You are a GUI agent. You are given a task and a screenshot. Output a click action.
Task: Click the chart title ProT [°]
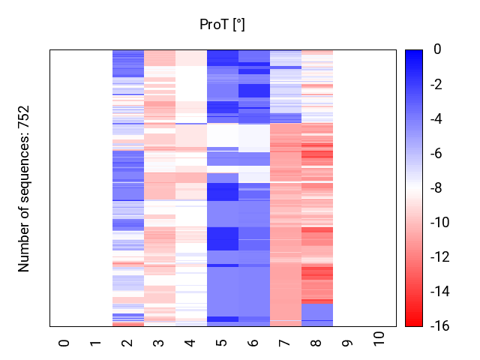[x=222, y=25]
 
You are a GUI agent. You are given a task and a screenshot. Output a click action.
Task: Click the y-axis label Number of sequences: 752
[x=24, y=188]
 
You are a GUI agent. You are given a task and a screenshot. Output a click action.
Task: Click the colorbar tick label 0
[x=437, y=50]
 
